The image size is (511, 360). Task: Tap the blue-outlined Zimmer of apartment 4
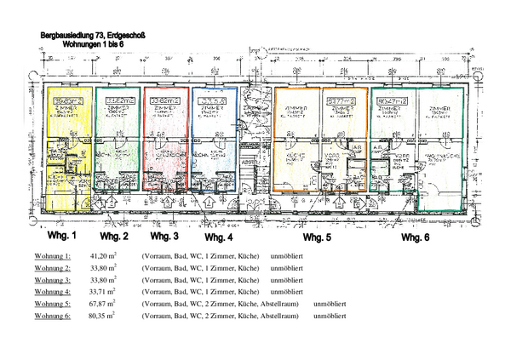click(212, 115)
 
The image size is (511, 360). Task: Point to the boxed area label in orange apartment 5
click(339, 100)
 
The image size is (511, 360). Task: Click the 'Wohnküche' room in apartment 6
click(440, 158)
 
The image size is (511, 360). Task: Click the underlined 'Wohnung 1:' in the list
click(53, 255)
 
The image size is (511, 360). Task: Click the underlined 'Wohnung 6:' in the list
click(53, 315)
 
